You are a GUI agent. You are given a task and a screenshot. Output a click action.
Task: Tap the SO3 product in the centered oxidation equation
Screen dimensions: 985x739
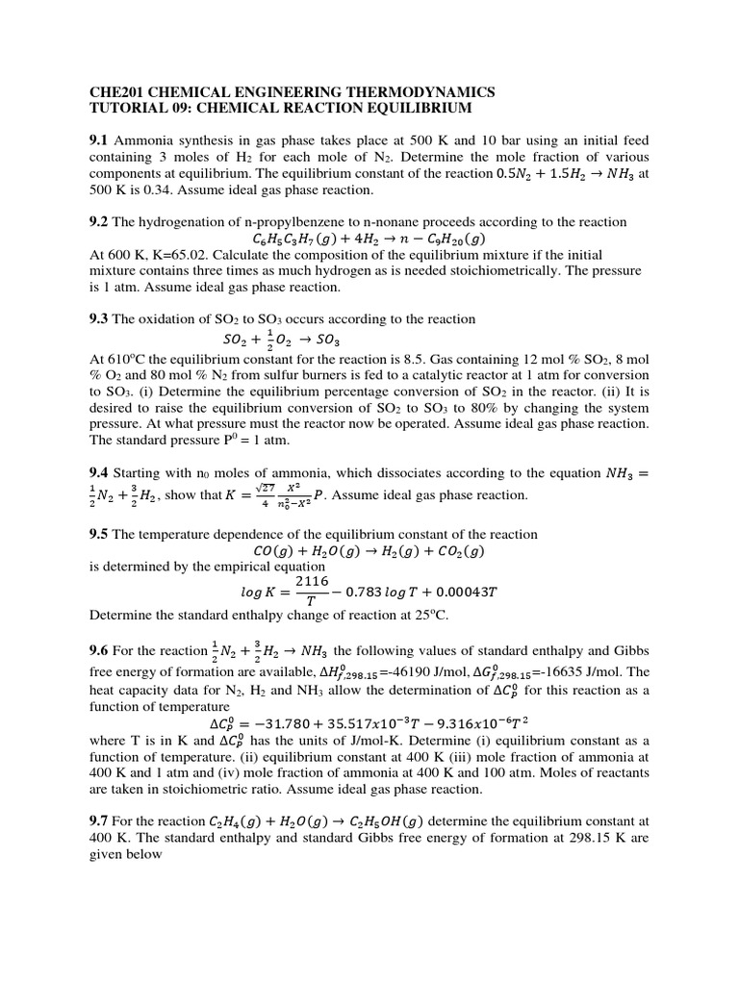(327, 340)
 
